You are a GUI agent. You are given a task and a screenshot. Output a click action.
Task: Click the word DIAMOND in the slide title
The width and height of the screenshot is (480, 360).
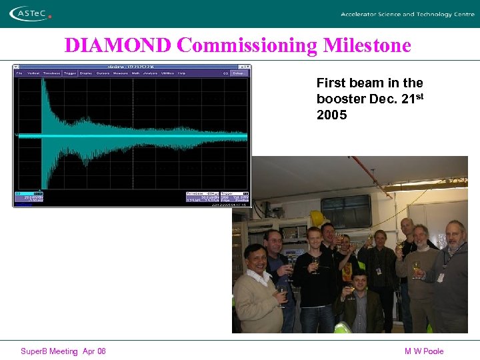click(x=119, y=45)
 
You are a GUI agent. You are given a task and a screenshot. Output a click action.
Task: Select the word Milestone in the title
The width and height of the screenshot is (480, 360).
click(x=367, y=45)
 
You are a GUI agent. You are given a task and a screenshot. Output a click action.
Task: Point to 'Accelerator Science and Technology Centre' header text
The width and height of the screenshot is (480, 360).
click(x=407, y=14)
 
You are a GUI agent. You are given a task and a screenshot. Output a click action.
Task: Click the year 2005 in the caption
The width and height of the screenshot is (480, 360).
click(x=331, y=115)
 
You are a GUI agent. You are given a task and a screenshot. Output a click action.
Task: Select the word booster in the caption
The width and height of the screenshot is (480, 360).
click(x=338, y=99)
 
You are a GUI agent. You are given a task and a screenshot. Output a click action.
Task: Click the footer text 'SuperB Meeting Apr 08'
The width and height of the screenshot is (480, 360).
click(x=63, y=351)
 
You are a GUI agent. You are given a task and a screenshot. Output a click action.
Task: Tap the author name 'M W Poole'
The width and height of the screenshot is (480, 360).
click(x=423, y=351)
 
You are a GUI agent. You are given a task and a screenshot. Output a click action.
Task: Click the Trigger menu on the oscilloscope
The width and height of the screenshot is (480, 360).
click(x=69, y=73)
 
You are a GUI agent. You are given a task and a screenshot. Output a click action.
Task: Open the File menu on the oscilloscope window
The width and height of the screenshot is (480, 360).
click(x=20, y=73)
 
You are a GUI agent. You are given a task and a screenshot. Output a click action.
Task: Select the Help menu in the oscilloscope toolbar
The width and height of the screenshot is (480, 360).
click(x=181, y=73)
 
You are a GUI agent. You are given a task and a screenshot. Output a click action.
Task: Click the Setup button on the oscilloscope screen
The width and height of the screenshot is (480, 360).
click(x=239, y=73)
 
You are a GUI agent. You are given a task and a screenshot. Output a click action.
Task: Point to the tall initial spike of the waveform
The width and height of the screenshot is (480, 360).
click(x=43, y=100)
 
